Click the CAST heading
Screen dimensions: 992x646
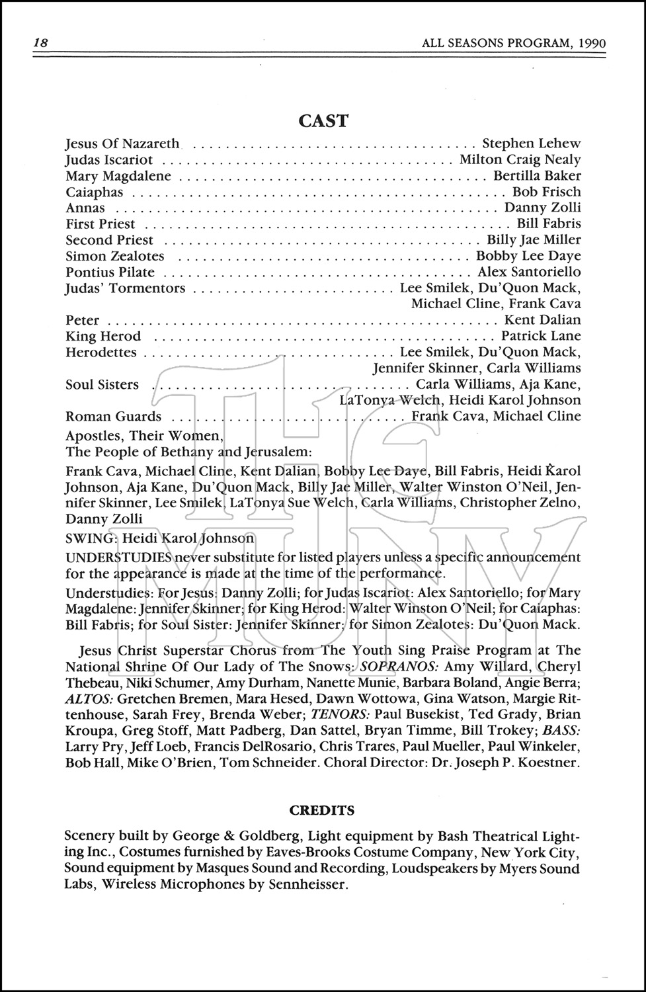(x=323, y=120)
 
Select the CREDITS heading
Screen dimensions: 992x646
(x=322, y=810)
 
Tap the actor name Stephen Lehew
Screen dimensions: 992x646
(x=532, y=144)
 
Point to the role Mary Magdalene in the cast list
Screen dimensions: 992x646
(x=118, y=176)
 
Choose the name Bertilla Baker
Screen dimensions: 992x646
(x=537, y=176)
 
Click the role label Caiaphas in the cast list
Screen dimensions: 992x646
(x=95, y=192)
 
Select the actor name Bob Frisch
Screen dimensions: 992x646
(x=547, y=192)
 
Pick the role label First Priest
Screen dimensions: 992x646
(x=100, y=224)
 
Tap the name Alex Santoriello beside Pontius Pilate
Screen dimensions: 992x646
(x=529, y=272)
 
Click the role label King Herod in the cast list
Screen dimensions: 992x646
(x=103, y=336)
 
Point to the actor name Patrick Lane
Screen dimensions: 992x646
(x=541, y=336)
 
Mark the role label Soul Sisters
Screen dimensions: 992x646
(x=102, y=384)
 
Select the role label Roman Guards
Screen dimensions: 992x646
(x=113, y=417)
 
